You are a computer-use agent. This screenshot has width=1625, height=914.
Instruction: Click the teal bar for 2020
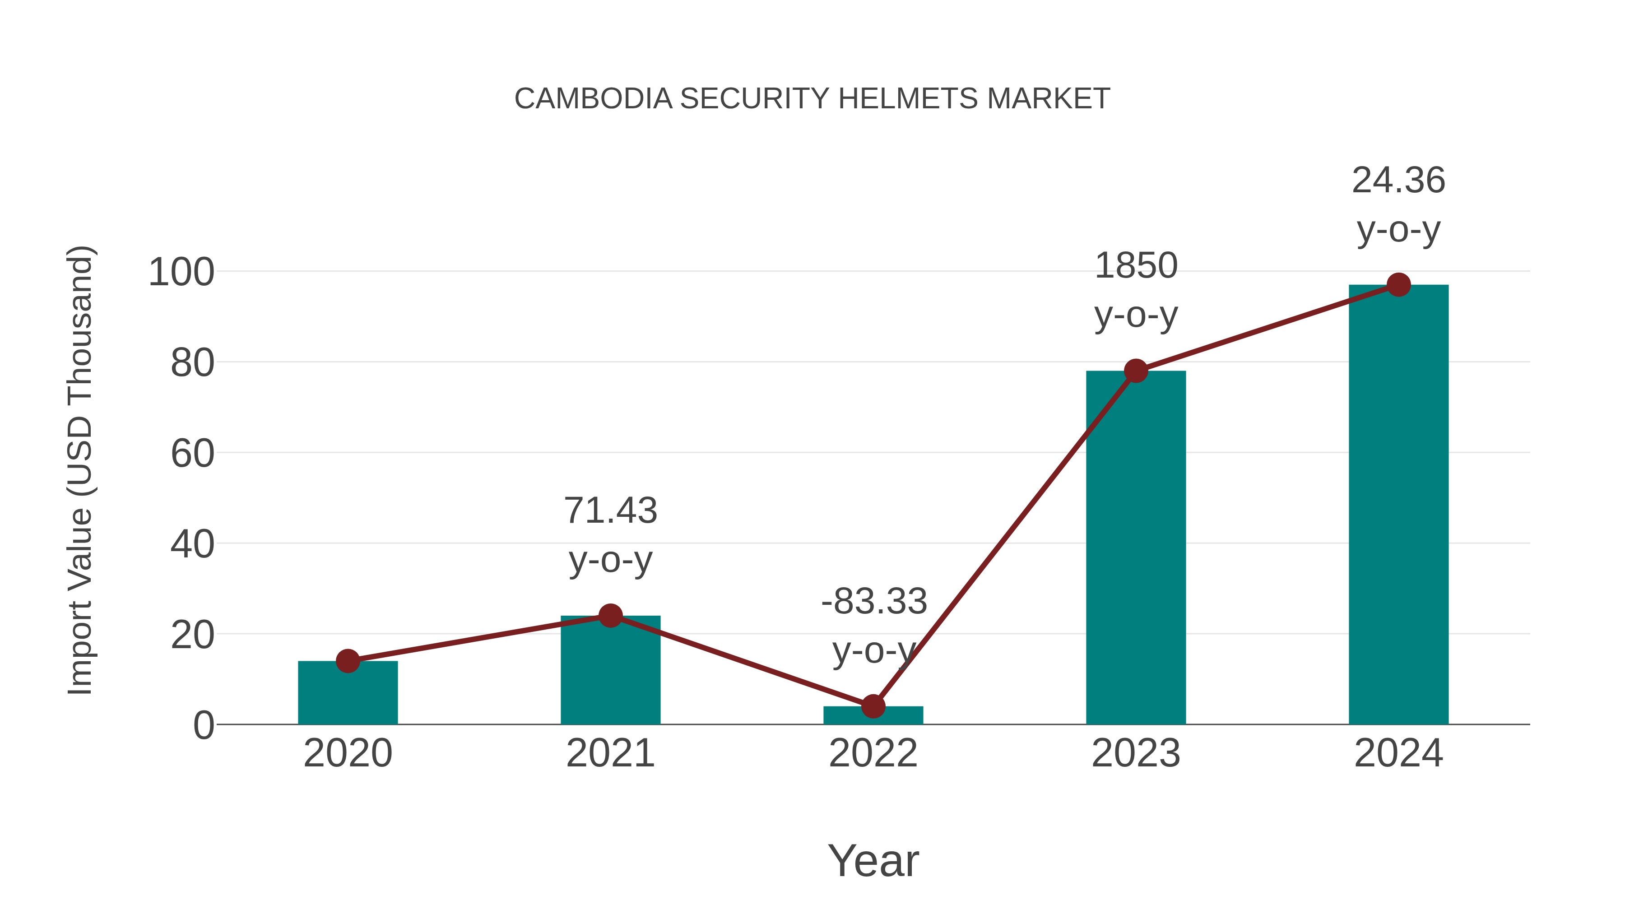click(348, 694)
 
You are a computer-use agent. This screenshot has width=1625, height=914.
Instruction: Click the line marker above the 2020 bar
click(348, 661)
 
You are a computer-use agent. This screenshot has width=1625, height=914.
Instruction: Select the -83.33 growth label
click(874, 602)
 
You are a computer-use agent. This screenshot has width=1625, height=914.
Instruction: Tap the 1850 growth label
click(1136, 265)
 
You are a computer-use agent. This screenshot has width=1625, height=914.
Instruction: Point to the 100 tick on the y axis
click(181, 273)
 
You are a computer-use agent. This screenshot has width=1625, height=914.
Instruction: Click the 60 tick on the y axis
click(192, 454)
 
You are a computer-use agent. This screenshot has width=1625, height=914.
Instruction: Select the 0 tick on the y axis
click(204, 725)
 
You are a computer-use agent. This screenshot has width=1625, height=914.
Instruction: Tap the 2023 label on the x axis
click(1136, 753)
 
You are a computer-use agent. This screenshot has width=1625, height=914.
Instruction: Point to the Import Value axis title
click(81, 470)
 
